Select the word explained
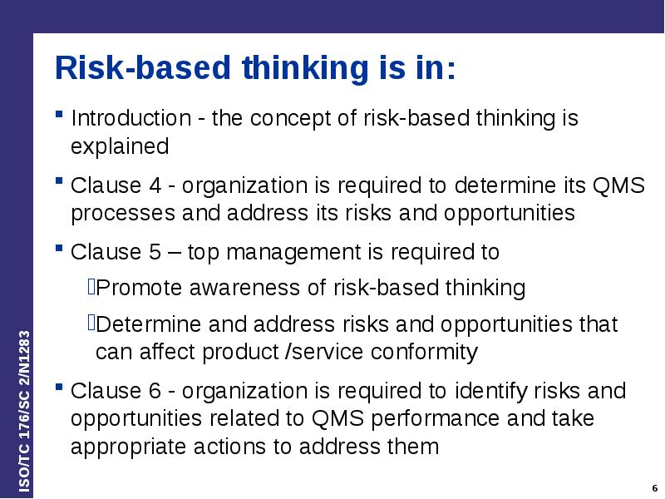[120, 147]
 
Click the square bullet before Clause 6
[61, 387]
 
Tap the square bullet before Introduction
[61, 114]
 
